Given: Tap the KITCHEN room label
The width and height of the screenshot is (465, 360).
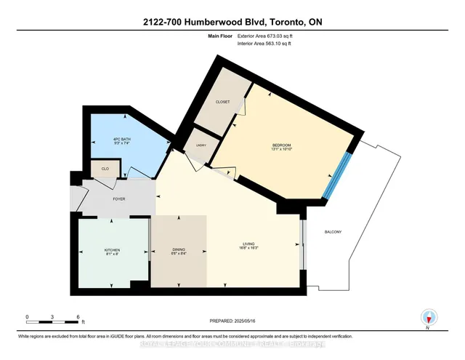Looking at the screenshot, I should tap(112, 250).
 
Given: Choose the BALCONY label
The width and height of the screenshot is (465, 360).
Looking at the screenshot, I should tap(333, 232).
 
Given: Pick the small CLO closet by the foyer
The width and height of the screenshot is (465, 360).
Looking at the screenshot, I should tap(105, 169).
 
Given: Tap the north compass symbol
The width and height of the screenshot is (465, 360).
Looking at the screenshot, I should tap(429, 318).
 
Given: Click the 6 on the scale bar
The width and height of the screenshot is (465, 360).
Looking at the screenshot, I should tap(77, 317).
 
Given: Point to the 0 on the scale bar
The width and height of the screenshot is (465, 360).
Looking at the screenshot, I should tap(27, 317).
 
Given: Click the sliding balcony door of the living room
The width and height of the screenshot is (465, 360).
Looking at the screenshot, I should tap(303, 248).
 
